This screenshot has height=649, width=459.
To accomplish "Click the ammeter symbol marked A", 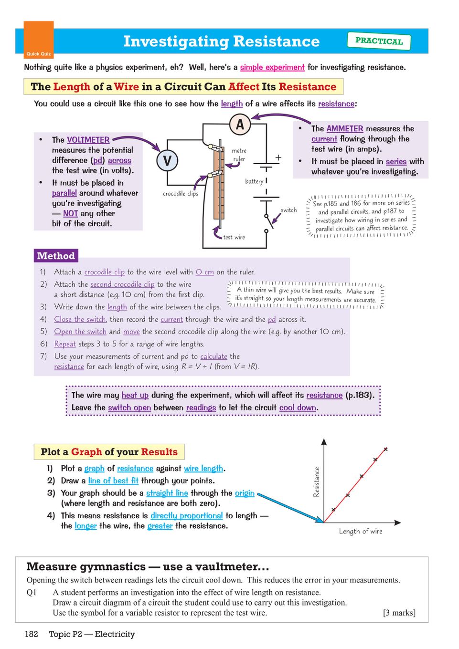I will point(240,125).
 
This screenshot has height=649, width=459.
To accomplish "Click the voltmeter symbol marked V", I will point(167,160).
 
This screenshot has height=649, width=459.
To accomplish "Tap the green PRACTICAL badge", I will point(379,41).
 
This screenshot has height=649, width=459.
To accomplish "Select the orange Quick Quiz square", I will point(39,40).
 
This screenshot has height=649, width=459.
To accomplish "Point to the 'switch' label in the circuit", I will point(288,210).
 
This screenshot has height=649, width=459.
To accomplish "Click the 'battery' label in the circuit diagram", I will point(254,181).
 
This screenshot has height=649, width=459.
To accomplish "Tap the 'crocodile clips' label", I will point(181,193).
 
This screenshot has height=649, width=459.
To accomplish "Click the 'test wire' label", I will point(234,237).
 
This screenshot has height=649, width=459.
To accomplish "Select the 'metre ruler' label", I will point(239,155).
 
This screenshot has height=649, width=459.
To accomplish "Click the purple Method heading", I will point(56,256).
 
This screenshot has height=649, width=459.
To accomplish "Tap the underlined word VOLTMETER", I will point(88,140).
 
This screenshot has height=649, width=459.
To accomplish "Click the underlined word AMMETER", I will point(345,128).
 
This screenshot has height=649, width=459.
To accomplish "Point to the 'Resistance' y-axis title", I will point(316,482).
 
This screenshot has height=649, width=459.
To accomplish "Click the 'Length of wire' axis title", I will point(361,531).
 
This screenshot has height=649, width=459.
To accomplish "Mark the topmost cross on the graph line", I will point(385,450).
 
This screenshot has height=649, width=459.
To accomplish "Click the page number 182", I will point(32,634).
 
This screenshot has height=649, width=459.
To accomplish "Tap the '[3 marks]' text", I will point(399,613).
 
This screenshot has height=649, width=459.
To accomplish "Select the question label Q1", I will point(32,592).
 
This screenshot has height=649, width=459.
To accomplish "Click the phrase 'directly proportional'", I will point(187,515).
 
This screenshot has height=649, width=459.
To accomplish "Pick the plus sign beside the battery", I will point(278,157).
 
